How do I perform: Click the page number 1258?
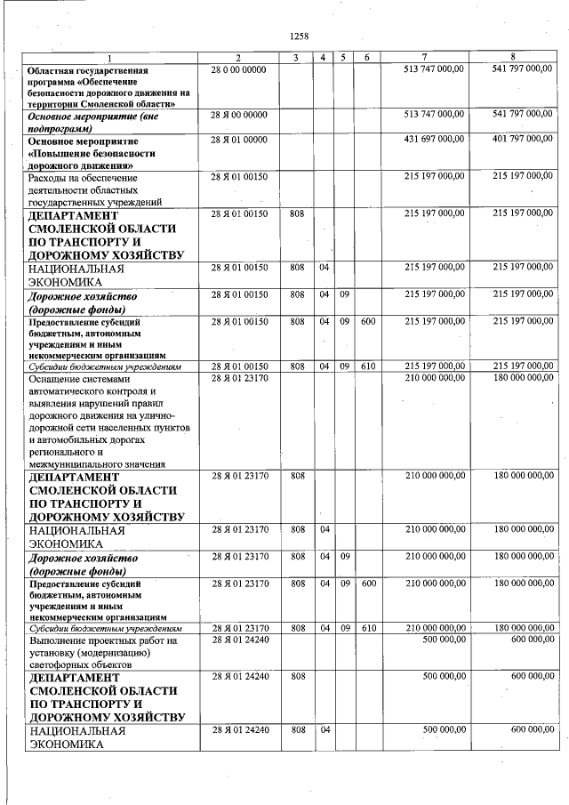(x=299, y=36)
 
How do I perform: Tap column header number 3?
(x=297, y=58)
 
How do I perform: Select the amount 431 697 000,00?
(x=434, y=140)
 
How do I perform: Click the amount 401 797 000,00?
(x=522, y=140)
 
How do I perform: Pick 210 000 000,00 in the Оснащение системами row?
(x=434, y=377)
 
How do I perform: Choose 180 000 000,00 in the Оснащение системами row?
(x=522, y=377)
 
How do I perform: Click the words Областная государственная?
(x=87, y=69)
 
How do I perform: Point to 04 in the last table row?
(x=325, y=731)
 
